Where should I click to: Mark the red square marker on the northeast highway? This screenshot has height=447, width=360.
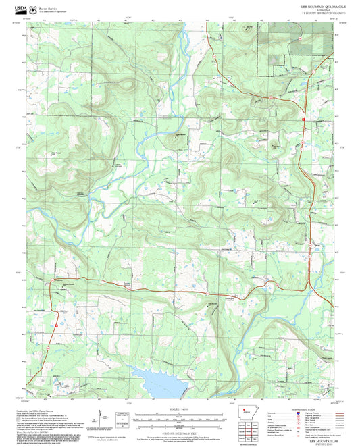point(303,121)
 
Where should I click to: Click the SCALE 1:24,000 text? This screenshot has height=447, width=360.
point(180,409)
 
